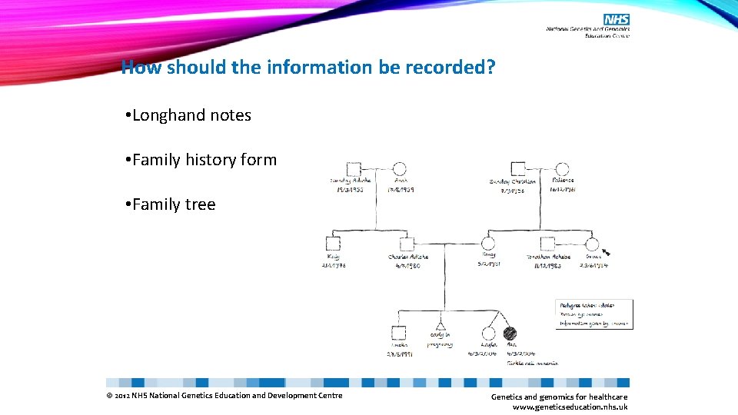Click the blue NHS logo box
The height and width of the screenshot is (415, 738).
coord(617,19)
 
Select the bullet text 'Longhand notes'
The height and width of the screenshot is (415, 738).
coord(191,115)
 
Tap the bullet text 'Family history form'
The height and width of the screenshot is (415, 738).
coord(204,160)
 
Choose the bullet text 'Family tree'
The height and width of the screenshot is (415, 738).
coord(174,204)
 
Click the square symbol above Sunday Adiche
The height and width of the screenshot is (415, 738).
coord(353,170)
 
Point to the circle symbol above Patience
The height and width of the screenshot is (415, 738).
coord(562,170)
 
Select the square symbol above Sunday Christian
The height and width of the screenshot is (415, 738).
coord(518,170)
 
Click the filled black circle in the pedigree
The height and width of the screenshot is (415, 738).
coord(510,334)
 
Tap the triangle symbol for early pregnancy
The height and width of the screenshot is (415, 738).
coord(441,321)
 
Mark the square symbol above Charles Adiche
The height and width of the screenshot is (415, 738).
coord(408,244)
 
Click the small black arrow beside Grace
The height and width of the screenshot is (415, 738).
coord(607,251)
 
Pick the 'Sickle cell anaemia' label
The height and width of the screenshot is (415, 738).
coord(532,363)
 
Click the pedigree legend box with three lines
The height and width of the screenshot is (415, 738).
coord(593,314)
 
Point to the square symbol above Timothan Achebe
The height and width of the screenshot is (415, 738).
coord(547,244)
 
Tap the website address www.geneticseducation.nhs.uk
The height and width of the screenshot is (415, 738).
coord(570,407)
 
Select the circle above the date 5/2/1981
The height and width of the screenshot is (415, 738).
coord(488,244)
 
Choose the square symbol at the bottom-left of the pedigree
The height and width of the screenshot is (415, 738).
coord(398,334)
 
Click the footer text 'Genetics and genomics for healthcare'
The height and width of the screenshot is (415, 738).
coord(559,397)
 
